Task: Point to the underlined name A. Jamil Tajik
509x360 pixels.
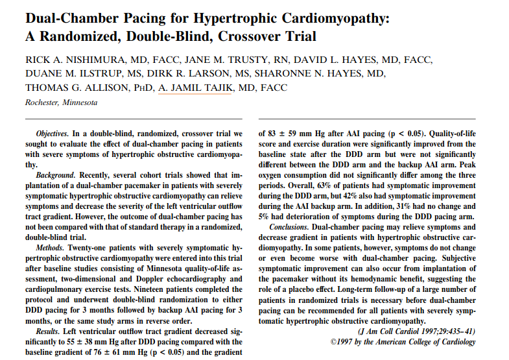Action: pyautogui.click(x=195, y=88)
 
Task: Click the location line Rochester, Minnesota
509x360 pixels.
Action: pyautogui.click(x=62, y=102)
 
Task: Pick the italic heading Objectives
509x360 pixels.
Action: pyautogui.click(x=53, y=132)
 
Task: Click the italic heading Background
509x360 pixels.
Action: pyautogui.click(x=54, y=175)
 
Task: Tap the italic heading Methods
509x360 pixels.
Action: pyautogui.click(x=49, y=248)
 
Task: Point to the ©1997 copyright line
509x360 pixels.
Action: pyautogui.click(x=403, y=342)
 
